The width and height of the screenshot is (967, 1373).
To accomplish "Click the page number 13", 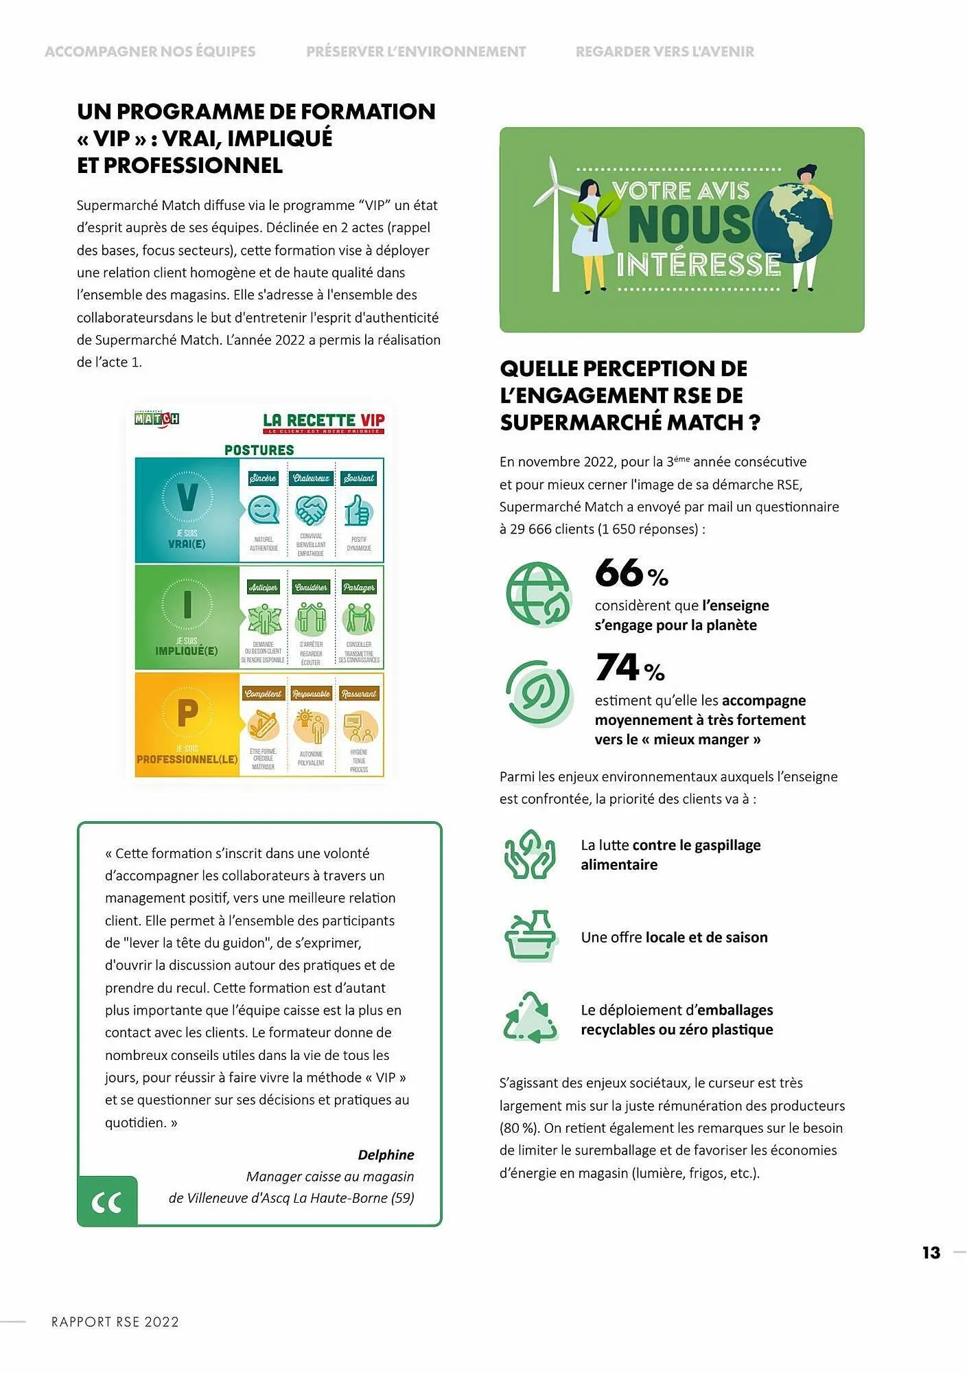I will pyautogui.click(x=931, y=1253).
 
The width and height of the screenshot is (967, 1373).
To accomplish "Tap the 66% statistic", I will pyautogui.click(x=631, y=573).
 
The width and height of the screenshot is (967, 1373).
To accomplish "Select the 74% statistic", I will pyautogui.click(x=630, y=668).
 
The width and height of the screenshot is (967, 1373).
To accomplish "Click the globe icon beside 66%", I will pyautogui.click(x=539, y=594).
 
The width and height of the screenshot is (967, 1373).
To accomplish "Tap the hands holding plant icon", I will pyautogui.click(x=530, y=855).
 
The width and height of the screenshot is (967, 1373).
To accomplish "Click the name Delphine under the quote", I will pyautogui.click(x=386, y=1155).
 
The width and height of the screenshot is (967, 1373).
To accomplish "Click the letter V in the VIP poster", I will pyautogui.click(x=187, y=497).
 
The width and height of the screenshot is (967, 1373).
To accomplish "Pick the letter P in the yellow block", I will pyautogui.click(x=187, y=713).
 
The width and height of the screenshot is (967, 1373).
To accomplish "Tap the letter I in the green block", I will pyautogui.click(x=187, y=605).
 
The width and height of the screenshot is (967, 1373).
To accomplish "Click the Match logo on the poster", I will pyautogui.click(x=156, y=419).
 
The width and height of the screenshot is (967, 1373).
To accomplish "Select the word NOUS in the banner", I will pyautogui.click(x=689, y=224).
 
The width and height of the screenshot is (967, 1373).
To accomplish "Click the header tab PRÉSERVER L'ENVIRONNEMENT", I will pyautogui.click(x=416, y=51).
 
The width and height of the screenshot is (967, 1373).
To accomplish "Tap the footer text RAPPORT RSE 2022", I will pyautogui.click(x=115, y=1322).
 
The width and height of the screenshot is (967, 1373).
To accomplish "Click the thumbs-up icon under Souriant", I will pyautogui.click(x=358, y=511).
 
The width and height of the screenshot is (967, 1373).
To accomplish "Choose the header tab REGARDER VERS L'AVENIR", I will pyautogui.click(x=664, y=51).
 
